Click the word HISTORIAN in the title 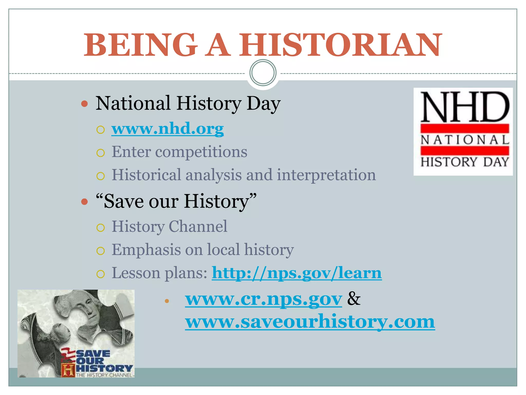click(x=340, y=45)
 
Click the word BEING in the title click(x=141, y=45)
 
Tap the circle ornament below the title click(x=263, y=73)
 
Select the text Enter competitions click(x=179, y=152)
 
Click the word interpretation click(x=326, y=175)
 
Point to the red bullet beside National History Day click(x=84, y=104)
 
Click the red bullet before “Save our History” click(x=84, y=202)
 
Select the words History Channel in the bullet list click(x=170, y=227)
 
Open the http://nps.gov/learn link click(x=297, y=273)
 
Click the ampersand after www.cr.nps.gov click(x=354, y=299)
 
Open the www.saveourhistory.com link click(x=310, y=322)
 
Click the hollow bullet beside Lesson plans click(x=100, y=274)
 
